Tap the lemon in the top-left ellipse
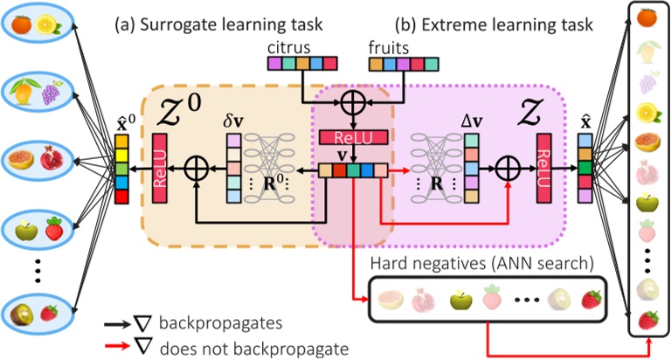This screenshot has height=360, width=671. pyautogui.click(x=51, y=26)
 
